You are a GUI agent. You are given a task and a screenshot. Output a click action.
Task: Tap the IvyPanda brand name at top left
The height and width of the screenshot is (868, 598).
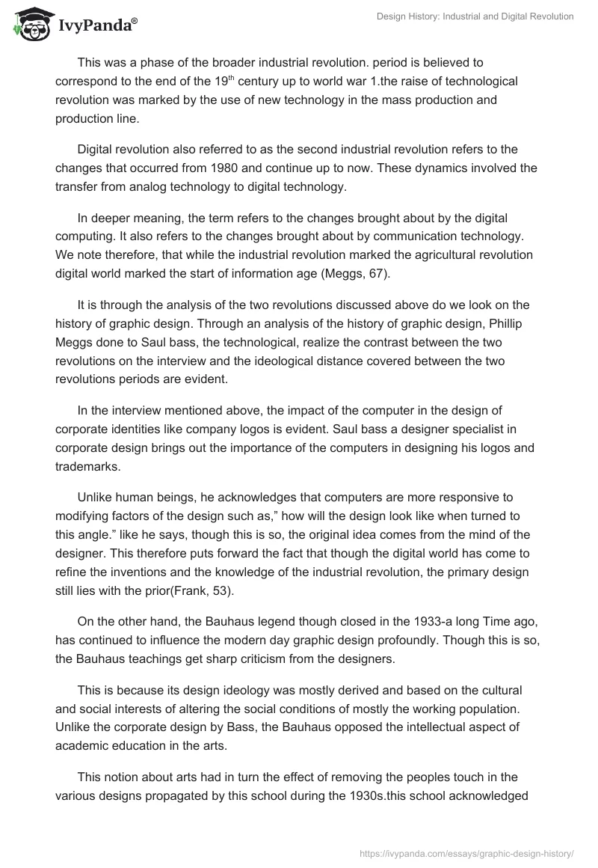click(96, 25)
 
